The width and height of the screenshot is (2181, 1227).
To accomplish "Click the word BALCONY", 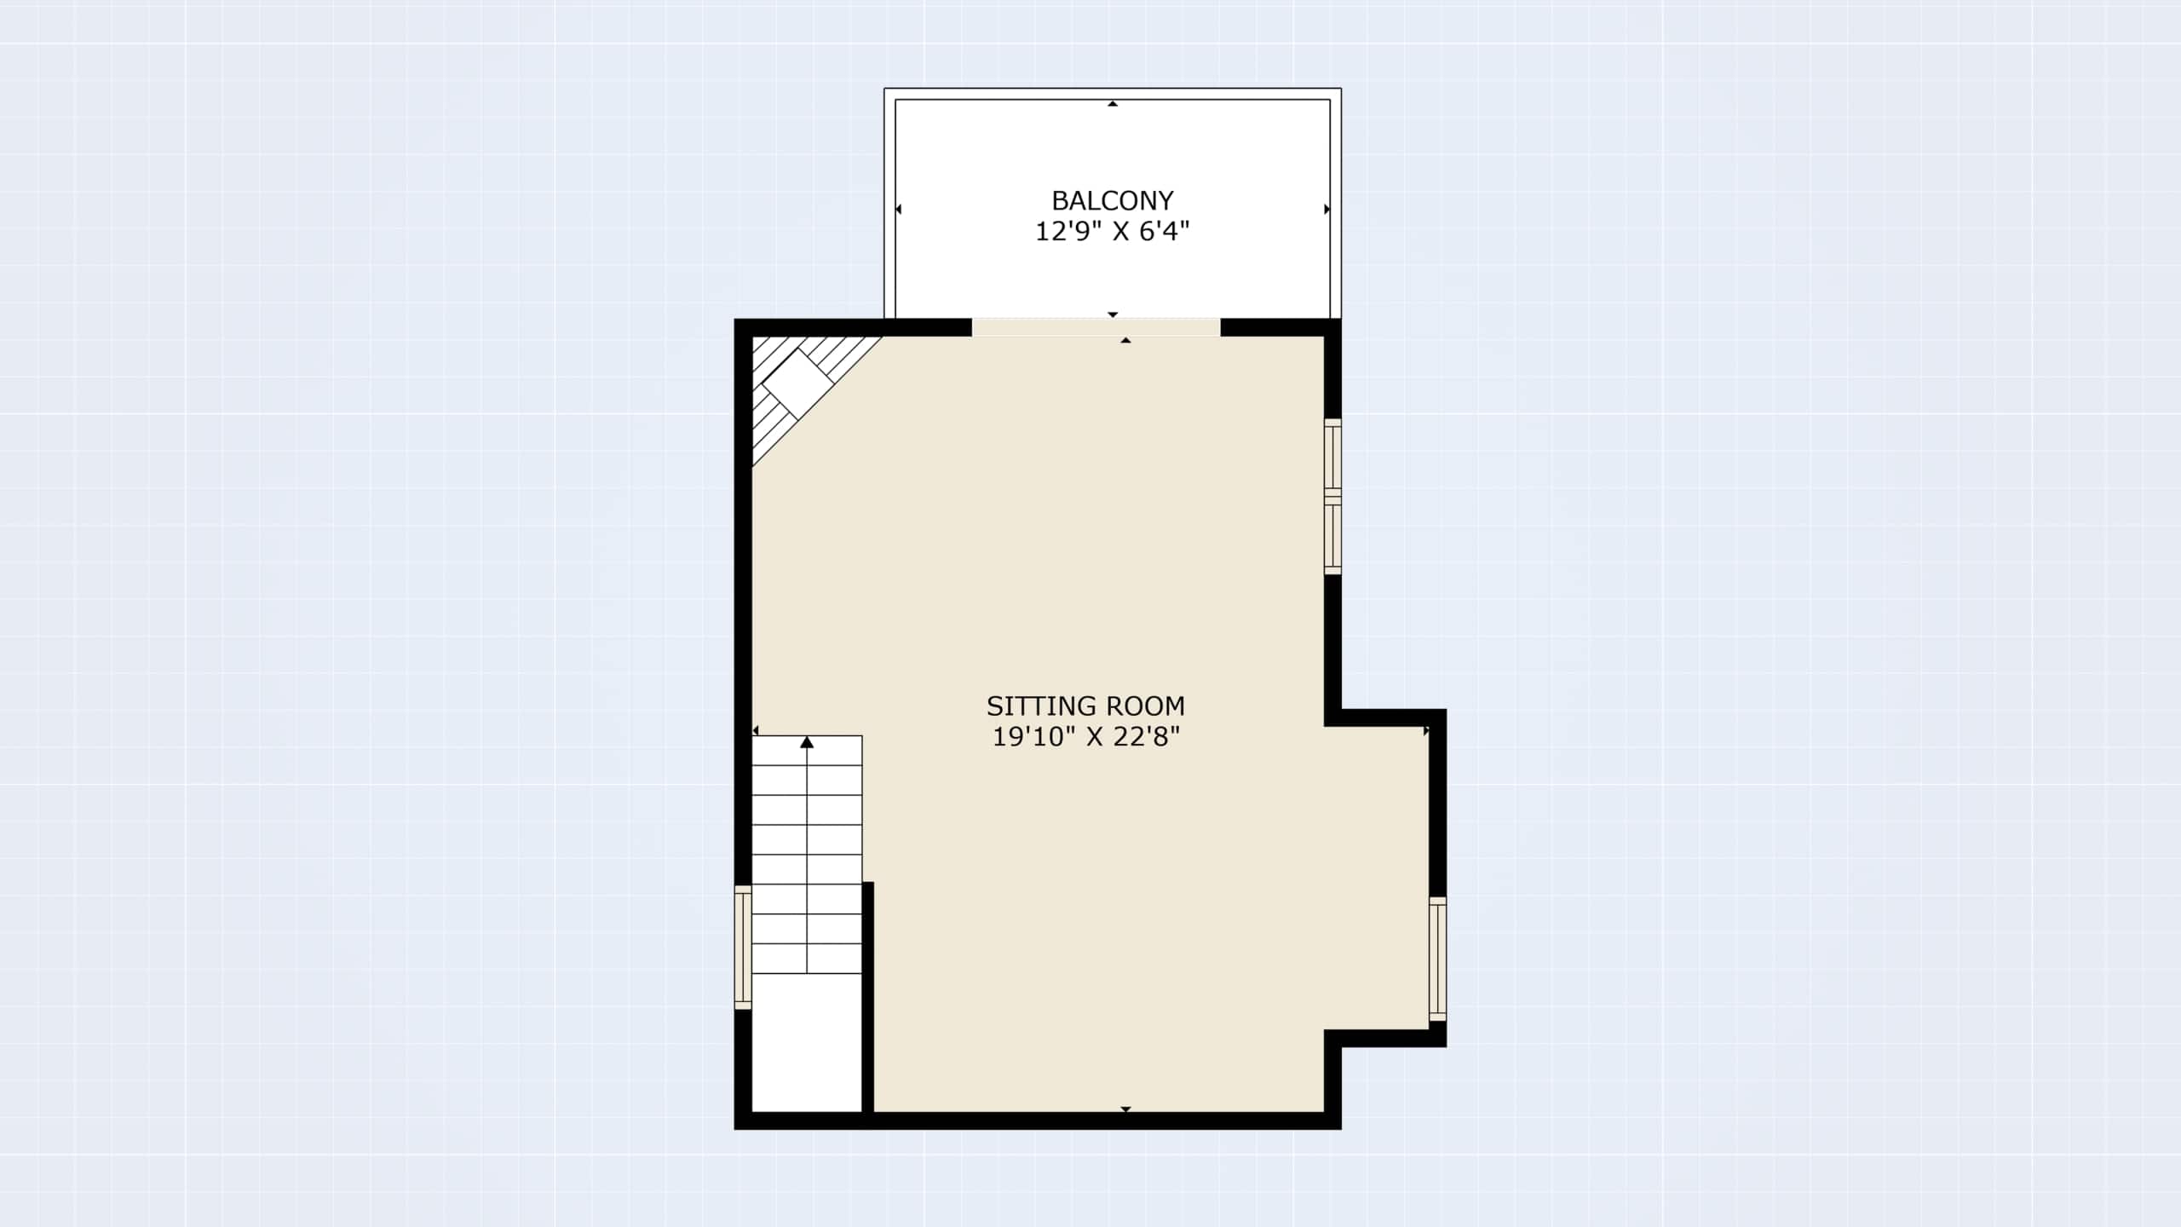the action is click(1112, 200).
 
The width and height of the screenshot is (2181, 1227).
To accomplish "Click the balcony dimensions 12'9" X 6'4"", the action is click(1112, 231).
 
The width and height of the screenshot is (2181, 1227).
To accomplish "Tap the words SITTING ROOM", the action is click(1085, 706).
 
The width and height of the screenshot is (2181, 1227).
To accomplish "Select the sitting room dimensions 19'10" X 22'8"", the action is click(1085, 736).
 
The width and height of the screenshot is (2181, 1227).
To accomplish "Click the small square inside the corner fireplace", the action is click(797, 383).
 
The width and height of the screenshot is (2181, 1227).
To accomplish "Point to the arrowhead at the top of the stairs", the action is click(807, 742).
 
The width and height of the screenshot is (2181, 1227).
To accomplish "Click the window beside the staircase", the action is click(743, 948).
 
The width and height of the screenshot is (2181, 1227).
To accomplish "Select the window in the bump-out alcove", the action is click(1437, 959).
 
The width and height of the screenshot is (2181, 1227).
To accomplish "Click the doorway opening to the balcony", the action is click(1096, 327).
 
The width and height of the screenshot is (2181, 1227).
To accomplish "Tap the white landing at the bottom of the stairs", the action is click(807, 1042).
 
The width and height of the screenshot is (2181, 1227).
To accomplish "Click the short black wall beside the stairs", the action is click(868, 997).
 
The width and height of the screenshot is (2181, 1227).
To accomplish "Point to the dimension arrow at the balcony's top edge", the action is click(1113, 103).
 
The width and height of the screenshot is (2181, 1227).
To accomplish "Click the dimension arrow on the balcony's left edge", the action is click(899, 209).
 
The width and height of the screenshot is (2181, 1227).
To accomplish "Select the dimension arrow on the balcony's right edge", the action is click(1326, 209).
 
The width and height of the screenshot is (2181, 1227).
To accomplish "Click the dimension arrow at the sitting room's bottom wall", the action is click(1125, 1109).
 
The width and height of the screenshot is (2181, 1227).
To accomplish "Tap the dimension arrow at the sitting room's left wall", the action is click(756, 730).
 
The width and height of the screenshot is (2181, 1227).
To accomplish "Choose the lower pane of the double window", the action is click(1332, 535).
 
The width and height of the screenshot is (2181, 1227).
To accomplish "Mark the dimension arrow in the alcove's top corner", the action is click(1426, 730).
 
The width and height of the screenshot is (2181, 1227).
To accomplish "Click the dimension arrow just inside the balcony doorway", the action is click(1125, 340).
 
